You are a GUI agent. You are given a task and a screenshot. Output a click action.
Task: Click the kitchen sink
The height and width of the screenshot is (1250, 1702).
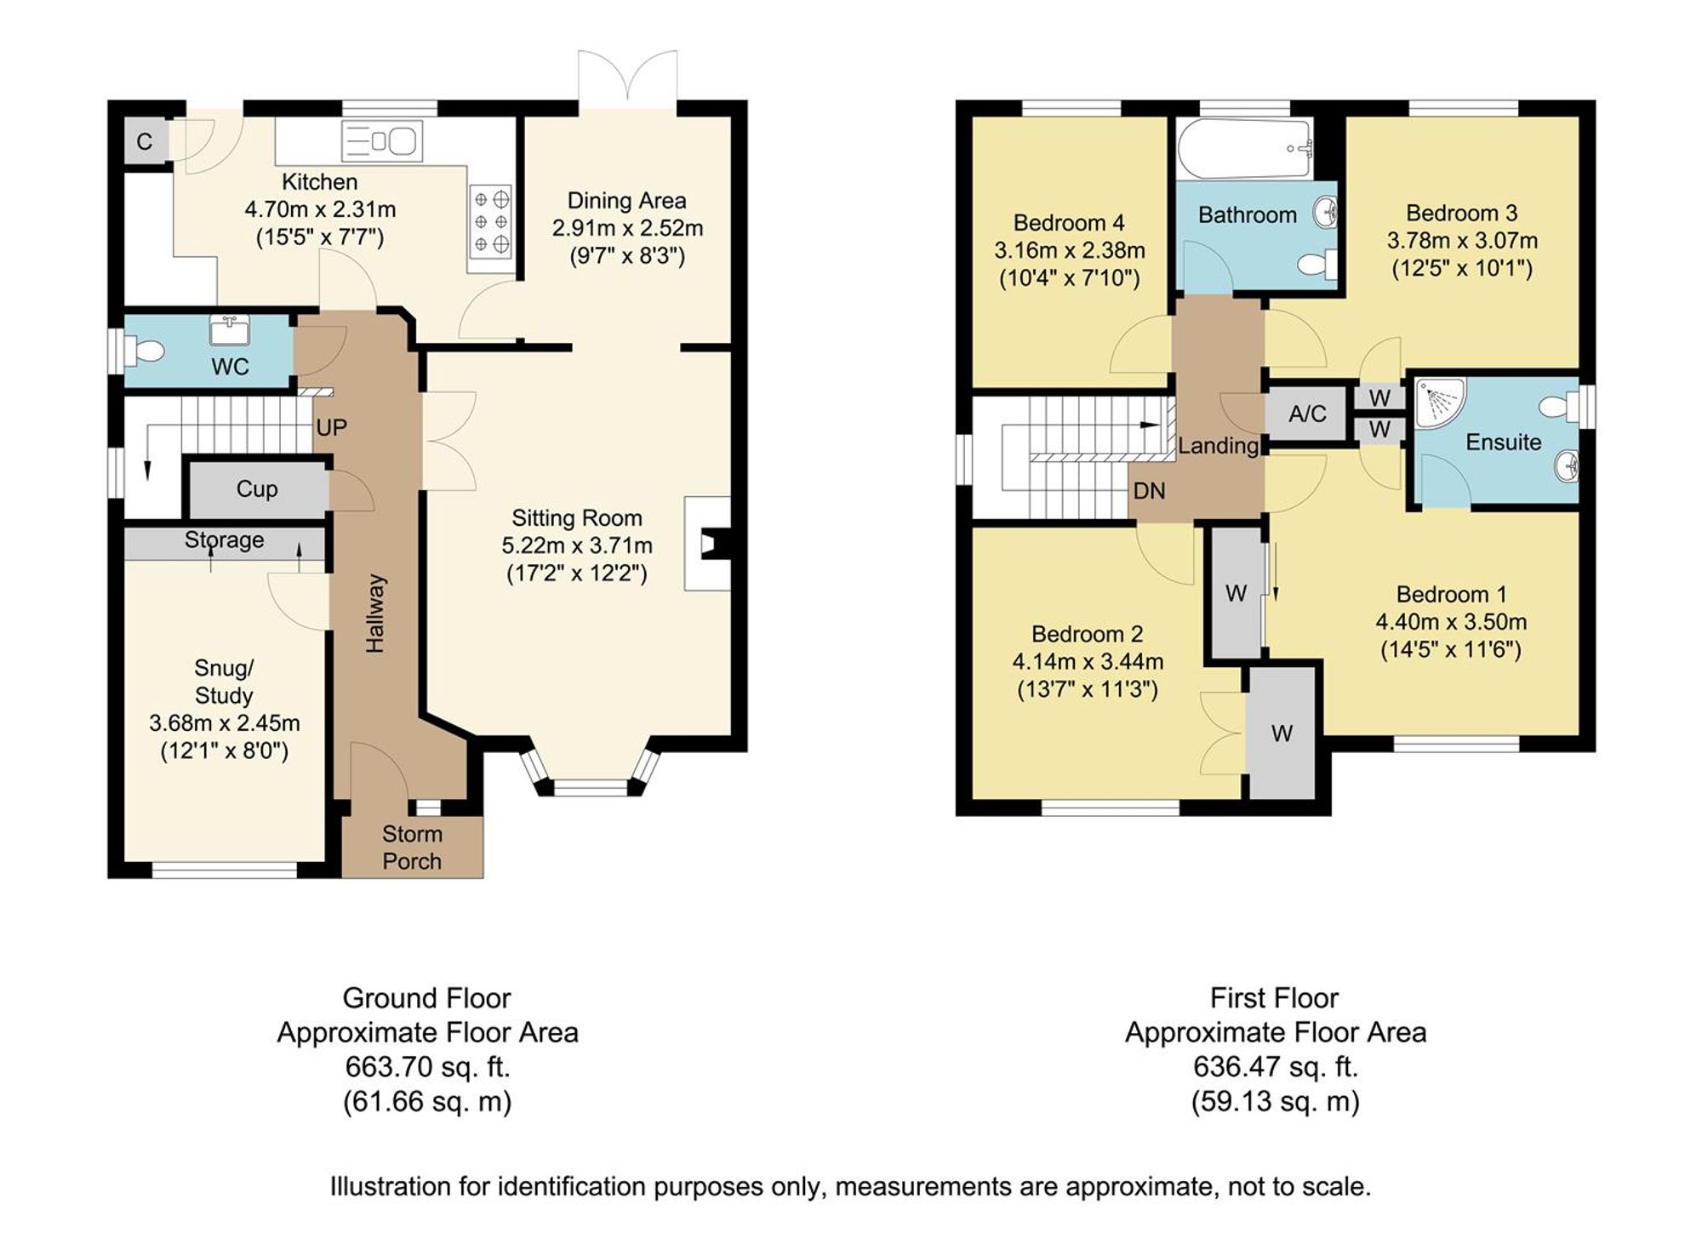[x=382, y=140]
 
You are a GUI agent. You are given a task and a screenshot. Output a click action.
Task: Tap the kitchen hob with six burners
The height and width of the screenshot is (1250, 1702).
[x=491, y=222]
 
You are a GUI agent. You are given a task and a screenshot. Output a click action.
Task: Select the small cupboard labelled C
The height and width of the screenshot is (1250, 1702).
[x=146, y=141]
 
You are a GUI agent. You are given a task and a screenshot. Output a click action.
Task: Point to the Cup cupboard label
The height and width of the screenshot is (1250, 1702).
[x=257, y=488]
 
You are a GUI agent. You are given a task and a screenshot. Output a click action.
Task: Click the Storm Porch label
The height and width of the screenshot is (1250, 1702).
[x=412, y=848]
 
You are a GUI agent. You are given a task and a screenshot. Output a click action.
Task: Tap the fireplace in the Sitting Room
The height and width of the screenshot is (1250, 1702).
[x=708, y=544]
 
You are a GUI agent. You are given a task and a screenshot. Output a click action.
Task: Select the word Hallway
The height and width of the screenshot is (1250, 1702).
[x=375, y=614]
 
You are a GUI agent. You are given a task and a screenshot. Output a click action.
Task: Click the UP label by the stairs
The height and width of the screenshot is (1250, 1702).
[x=331, y=427]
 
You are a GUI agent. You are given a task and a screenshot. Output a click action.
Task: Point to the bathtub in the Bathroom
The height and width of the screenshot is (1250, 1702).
[x=1245, y=149]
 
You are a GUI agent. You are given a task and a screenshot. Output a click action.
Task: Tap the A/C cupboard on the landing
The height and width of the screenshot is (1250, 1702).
[x=1307, y=414]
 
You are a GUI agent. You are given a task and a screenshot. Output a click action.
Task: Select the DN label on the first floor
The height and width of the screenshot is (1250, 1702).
[x=1150, y=491]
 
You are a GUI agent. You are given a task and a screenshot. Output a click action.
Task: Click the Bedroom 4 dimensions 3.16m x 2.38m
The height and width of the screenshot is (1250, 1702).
[x=1070, y=251]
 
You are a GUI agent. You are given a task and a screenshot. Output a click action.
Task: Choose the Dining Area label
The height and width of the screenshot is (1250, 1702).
[x=627, y=201]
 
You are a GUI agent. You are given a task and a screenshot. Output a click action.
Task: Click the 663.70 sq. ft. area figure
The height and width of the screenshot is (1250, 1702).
[x=428, y=1067]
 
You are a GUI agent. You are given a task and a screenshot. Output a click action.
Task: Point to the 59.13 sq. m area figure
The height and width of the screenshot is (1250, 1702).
[x=1276, y=1102]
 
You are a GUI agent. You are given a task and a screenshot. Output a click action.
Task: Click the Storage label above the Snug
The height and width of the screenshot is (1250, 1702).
[x=225, y=539]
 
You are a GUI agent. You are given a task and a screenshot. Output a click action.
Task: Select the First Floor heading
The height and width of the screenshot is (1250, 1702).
[x=1275, y=997]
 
